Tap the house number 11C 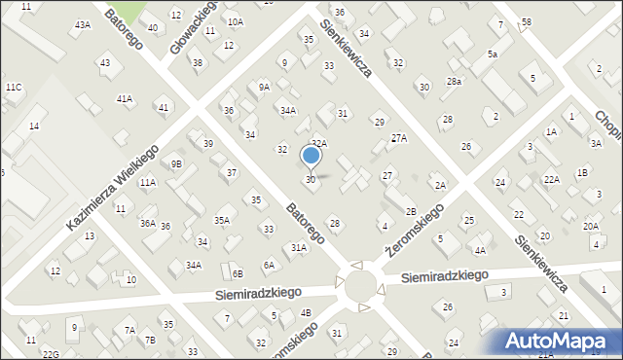(x=13, y=88)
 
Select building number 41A (x=124, y=98)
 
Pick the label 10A (x=235, y=21)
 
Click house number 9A (x=264, y=87)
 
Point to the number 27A (x=398, y=138)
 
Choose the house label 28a (x=454, y=82)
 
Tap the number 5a (x=493, y=54)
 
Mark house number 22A (x=551, y=179)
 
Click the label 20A (x=591, y=226)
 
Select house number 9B (x=176, y=163)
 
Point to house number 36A (x=147, y=223)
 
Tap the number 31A (x=299, y=248)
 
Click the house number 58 (x=526, y=21)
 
